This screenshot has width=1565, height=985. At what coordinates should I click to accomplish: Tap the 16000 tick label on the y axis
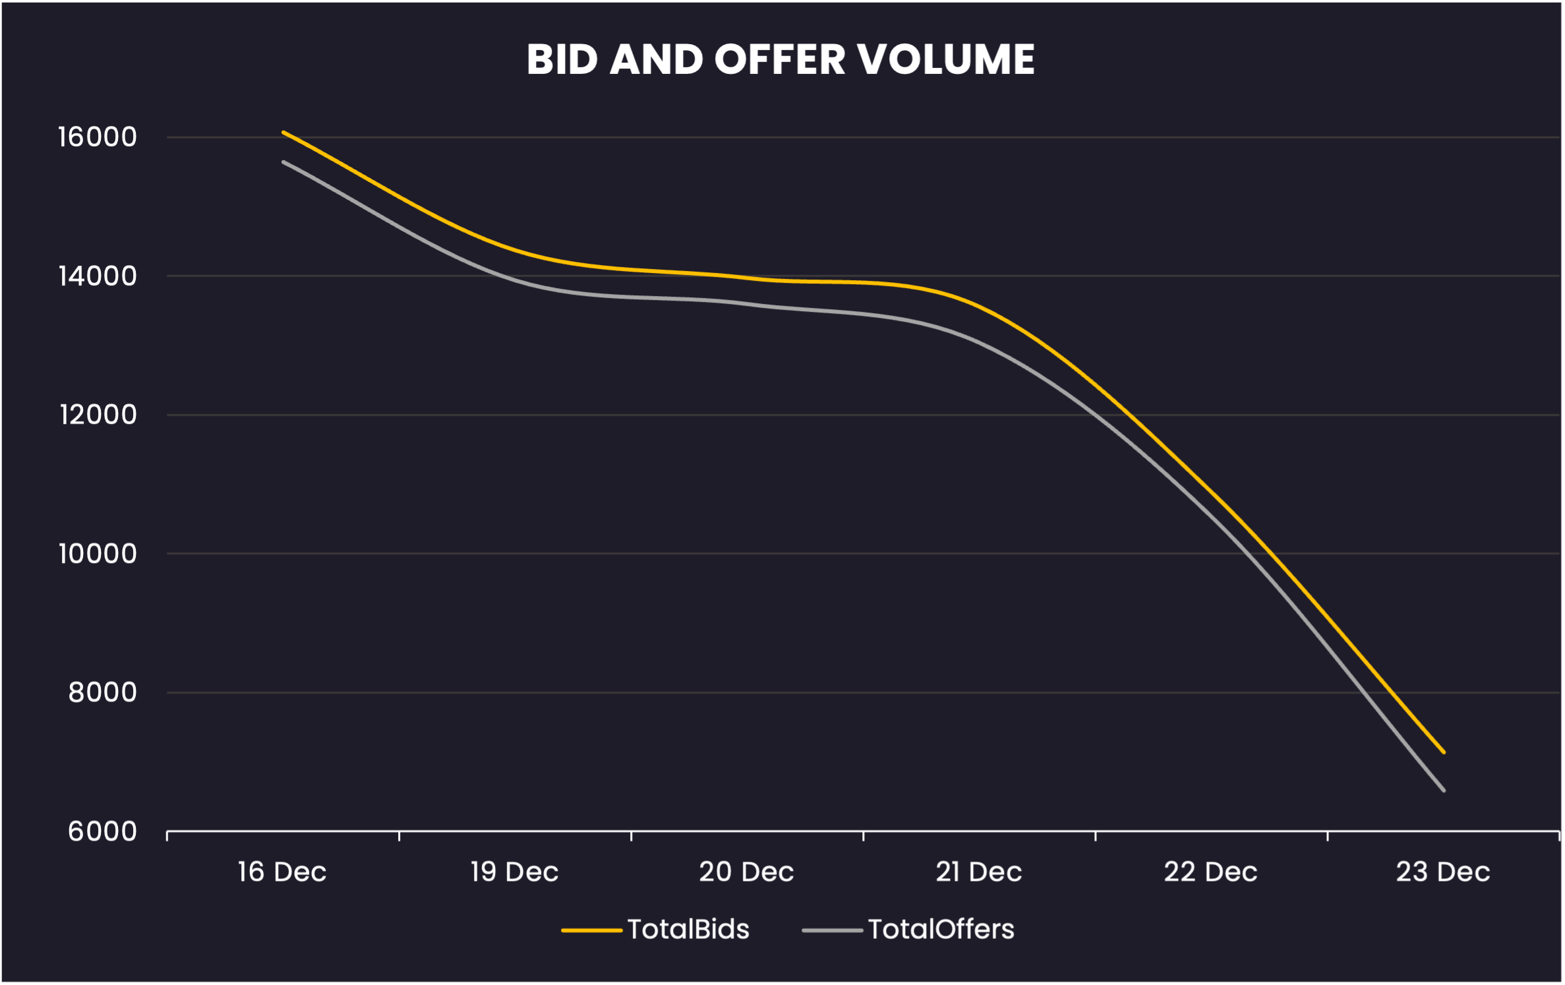pos(98,137)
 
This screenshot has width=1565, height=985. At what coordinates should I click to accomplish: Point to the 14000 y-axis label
pos(98,276)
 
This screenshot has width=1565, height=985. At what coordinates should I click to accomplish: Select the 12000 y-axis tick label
pos(98,415)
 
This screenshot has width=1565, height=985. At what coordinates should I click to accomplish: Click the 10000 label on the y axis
pos(98,554)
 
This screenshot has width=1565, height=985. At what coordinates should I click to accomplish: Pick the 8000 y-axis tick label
pos(103,692)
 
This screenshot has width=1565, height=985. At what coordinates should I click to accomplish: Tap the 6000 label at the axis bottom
pos(103,831)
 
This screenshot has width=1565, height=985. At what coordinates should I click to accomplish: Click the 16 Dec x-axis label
pos(282,872)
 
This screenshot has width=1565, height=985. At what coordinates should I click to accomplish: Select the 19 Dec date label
pos(514,872)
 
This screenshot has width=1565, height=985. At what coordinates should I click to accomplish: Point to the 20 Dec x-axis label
pos(746,872)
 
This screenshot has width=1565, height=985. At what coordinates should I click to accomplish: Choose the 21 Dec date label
pos(979,872)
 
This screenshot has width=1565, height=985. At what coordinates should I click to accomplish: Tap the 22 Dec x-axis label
pos(1210,872)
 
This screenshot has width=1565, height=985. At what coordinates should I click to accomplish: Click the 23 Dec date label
pos(1443,872)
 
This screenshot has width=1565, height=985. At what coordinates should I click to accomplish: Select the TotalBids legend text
pos(688,930)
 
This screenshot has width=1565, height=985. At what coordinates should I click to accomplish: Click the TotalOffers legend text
pos(941,930)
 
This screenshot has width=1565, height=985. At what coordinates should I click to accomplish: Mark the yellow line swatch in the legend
pos(591,931)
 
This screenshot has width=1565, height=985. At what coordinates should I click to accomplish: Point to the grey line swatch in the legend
pos(832,931)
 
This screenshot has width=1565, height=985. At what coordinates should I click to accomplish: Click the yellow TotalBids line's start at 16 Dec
pos(283,132)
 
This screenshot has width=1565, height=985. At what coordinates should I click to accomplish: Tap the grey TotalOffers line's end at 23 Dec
pos(1444,791)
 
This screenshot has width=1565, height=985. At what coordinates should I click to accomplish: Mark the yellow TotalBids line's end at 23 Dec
pos(1444,752)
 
